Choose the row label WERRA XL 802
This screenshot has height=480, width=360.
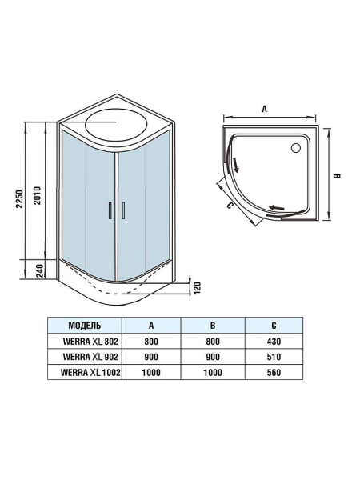coord(84,342)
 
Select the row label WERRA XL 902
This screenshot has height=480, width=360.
coord(84,357)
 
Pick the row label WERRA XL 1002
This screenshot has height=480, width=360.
coord(84,372)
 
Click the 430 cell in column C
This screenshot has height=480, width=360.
coord(274,342)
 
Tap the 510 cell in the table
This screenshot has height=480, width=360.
coord(274,357)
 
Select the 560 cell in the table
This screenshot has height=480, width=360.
coord(274,372)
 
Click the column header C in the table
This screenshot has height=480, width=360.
coord(274,326)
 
